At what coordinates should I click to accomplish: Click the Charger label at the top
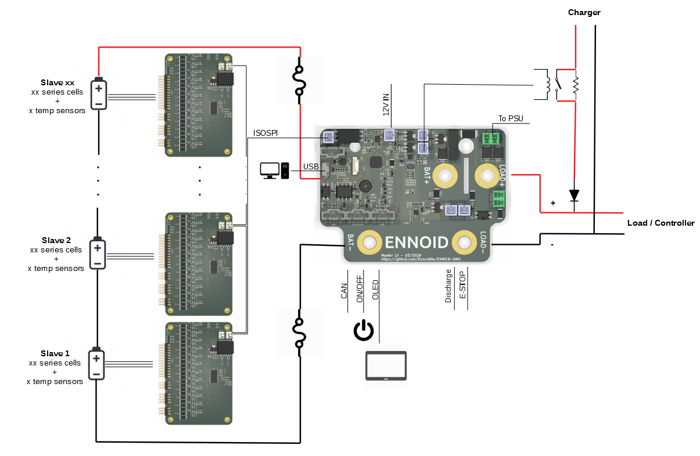point(584,12)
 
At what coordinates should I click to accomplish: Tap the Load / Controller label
point(660,223)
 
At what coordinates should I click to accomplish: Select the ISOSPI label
point(265,133)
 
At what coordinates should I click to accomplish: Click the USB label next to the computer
point(311,167)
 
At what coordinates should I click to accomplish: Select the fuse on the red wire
point(300,80)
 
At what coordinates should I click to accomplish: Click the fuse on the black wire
point(300,334)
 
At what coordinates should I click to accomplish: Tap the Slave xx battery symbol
point(99,94)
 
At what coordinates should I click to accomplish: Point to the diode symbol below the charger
point(575,196)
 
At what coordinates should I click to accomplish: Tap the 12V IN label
point(386,104)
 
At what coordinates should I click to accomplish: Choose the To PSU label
point(511,119)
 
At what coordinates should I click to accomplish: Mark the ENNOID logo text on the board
point(416,242)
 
